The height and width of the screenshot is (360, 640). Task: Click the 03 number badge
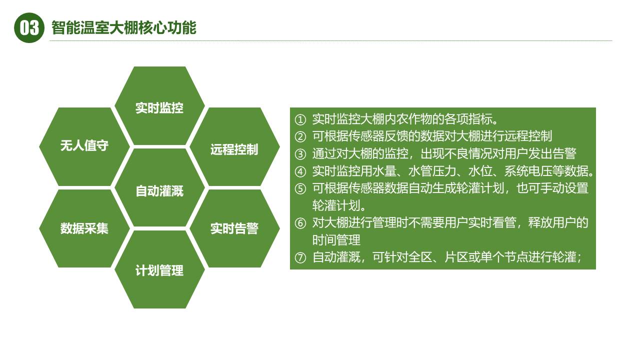[29, 28]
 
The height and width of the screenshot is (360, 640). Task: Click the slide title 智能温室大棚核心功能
[124, 28]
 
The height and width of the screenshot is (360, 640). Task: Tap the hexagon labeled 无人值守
[84, 146]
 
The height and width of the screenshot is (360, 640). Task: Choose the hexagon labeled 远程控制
[234, 148]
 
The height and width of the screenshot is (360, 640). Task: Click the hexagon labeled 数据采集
[84, 228]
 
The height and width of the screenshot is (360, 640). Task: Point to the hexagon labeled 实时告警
[234, 228]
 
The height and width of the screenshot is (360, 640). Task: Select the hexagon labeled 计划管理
[159, 270]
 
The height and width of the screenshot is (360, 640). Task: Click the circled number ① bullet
[300, 120]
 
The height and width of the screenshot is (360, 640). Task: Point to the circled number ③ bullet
[300, 154]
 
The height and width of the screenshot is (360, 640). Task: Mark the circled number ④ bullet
[300, 172]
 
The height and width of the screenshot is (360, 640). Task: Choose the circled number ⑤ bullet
[300, 189]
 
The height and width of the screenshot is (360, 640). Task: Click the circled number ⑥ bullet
[300, 223]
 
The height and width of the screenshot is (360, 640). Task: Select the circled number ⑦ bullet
[300, 258]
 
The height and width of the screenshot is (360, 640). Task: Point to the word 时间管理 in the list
[336, 240]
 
